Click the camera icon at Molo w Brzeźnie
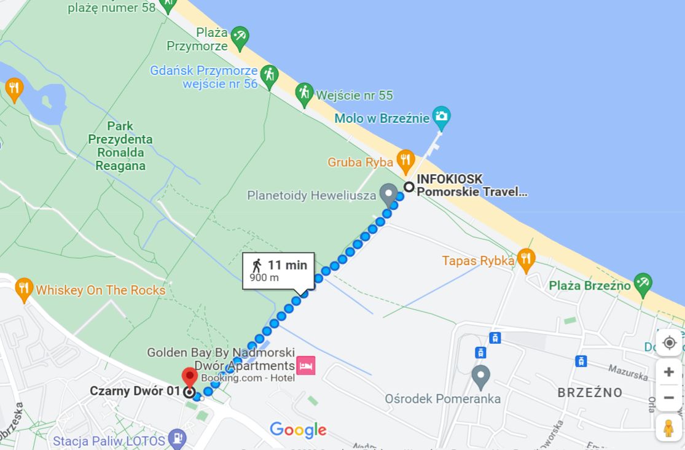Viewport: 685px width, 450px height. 441,115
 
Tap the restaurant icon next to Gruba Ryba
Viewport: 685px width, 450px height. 405,161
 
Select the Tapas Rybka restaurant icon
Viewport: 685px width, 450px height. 525,260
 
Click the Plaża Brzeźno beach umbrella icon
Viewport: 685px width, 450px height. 643,284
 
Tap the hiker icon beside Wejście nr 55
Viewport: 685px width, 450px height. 304,94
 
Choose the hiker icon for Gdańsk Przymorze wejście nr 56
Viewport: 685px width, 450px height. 268,75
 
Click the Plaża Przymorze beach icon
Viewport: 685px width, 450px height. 240,36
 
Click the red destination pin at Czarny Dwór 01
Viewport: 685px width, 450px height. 190,378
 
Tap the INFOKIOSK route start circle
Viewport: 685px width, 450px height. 409,187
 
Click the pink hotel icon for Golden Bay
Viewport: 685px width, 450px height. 305,366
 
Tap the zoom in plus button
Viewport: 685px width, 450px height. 669,372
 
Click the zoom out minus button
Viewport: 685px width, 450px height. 669,398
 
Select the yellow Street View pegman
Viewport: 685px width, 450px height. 669,427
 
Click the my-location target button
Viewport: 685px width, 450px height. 669,343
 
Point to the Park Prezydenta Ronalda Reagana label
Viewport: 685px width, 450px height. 120,145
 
